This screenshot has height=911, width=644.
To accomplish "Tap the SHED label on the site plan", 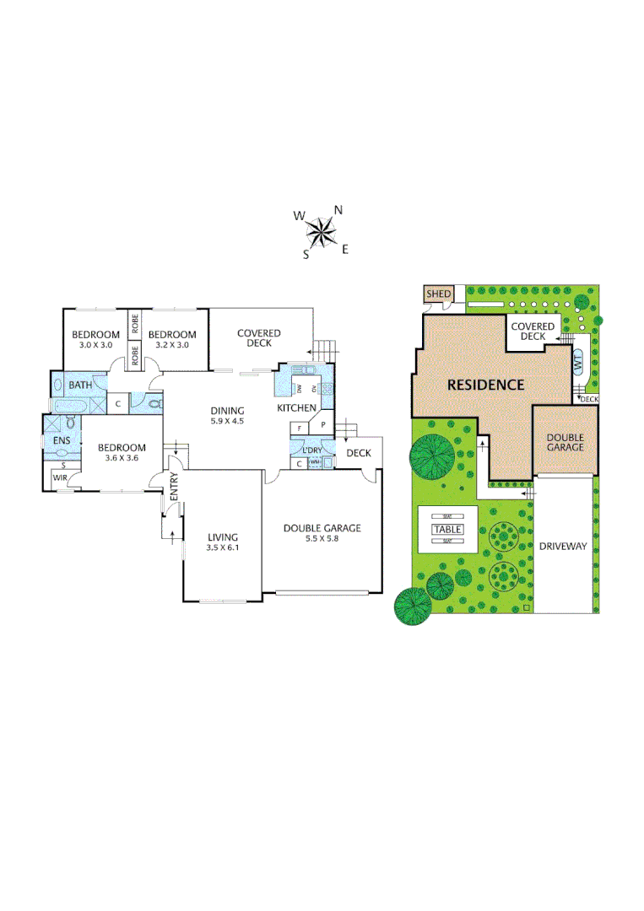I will (x=438, y=294).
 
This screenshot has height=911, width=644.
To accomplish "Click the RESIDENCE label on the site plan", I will (x=485, y=385).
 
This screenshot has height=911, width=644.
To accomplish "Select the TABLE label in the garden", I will (x=447, y=529).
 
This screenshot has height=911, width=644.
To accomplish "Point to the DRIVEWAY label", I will (x=563, y=547).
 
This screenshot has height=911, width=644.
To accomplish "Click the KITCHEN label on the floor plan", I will (x=297, y=408).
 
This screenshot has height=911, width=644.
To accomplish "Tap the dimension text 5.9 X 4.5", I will (x=227, y=421).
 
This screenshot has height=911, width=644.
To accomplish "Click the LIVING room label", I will (x=223, y=536).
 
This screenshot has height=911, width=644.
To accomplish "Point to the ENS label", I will (x=62, y=440).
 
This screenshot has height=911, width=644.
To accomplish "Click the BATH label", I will (x=80, y=385).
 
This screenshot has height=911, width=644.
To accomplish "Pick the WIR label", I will (x=60, y=477).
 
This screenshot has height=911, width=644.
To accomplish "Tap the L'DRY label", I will (x=312, y=449).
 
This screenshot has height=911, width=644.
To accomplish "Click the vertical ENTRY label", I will (x=175, y=490).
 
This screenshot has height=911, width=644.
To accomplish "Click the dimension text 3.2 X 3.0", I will (x=172, y=344).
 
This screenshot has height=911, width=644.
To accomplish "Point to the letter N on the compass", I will (x=338, y=210).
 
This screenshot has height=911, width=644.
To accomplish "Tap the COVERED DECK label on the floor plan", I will (x=259, y=337).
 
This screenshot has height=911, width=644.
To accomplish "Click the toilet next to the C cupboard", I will (x=154, y=403).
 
